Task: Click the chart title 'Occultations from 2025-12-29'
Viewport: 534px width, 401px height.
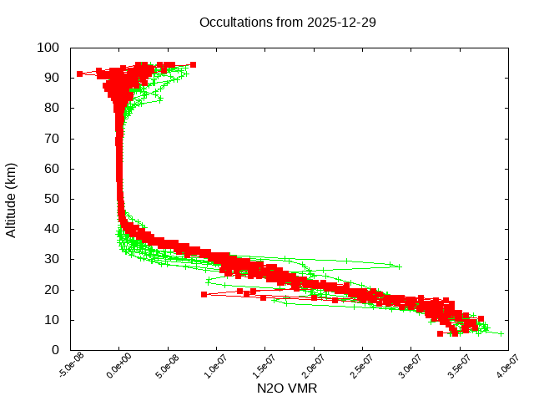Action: pos(287,22)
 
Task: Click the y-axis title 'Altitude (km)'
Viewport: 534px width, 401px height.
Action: pos(11,200)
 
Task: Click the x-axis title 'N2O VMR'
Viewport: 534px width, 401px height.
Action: pos(287,388)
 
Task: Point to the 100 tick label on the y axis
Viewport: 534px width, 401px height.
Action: pos(48,48)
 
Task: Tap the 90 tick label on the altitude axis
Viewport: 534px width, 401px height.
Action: pos(52,78)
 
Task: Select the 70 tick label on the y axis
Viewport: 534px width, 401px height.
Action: pos(52,138)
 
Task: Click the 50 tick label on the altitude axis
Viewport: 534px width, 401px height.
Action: pos(52,199)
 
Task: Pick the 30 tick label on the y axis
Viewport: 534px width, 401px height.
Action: pos(52,259)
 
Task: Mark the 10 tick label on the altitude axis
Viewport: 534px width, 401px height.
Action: pos(52,320)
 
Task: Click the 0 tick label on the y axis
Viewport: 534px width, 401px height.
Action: pos(55,350)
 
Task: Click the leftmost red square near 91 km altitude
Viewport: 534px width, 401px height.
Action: pos(80,74)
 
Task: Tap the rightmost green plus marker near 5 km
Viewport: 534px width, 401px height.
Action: pos(501,333)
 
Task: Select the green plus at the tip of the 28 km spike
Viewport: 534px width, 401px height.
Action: pos(399,266)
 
